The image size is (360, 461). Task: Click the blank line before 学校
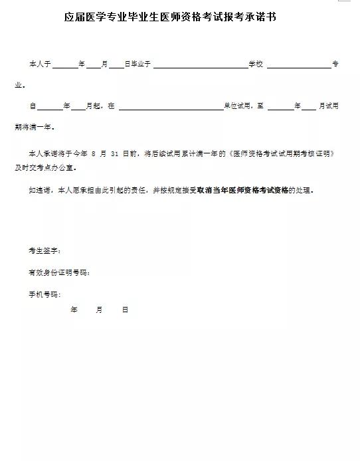click(x=200, y=65)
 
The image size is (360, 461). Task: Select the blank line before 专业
click(x=298, y=65)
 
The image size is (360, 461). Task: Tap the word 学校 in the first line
click(x=256, y=64)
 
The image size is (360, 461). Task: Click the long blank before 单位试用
click(x=171, y=106)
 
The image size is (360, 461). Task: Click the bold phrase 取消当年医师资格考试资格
click(x=242, y=190)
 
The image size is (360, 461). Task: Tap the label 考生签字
click(x=45, y=251)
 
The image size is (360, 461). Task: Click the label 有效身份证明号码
click(x=58, y=272)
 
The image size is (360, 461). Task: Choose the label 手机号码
click(x=45, y=294)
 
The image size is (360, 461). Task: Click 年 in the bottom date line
click(x=74, y=310)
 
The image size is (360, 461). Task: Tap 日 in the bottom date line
click(x=124, y=310)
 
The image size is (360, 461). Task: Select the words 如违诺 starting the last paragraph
click(x=39, y=190)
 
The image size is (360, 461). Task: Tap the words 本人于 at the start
click(x=39, y=64)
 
